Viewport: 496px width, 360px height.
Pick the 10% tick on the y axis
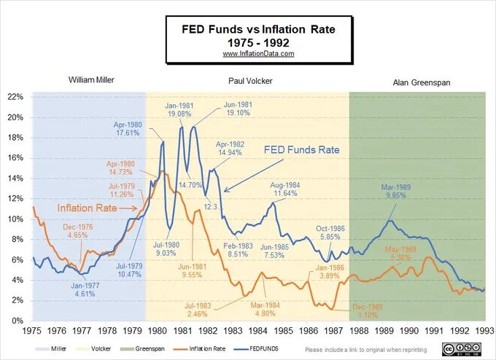tap(16, 219)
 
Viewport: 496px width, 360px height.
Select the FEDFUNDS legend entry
tap(252, 349)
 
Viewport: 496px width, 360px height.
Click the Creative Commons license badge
tap(468, 348)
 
